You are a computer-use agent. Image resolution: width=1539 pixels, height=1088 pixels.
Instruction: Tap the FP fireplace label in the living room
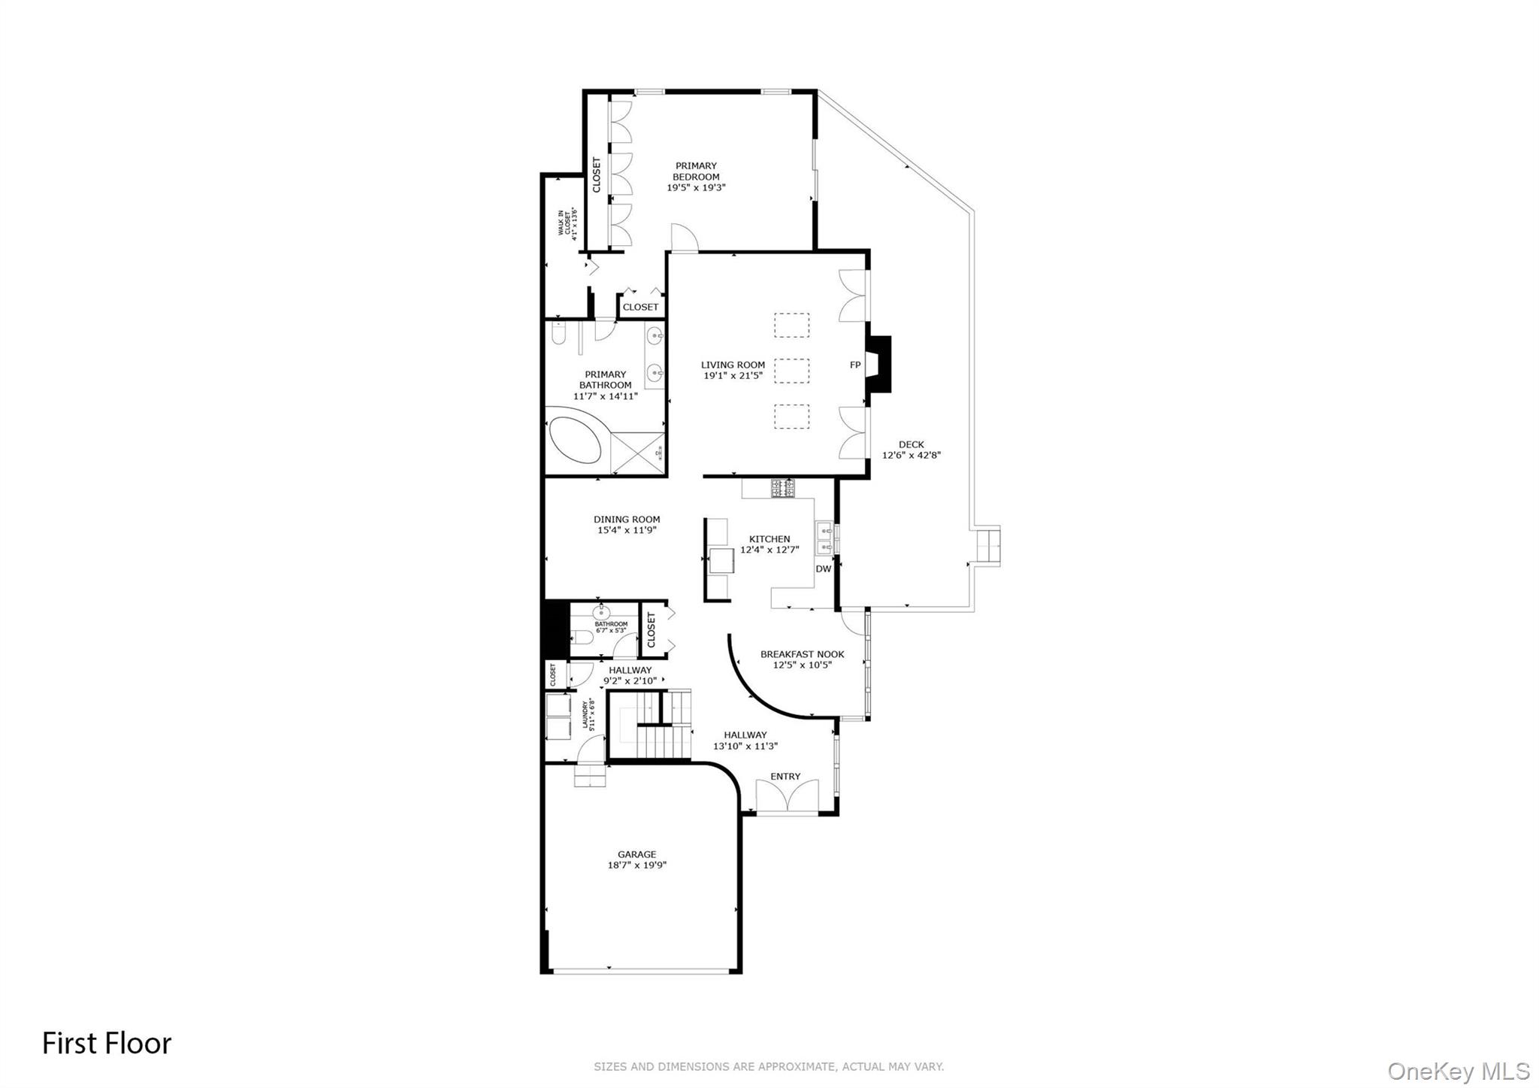(x=854, y=365)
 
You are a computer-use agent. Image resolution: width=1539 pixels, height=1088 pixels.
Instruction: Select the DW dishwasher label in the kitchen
(x=823, y=569)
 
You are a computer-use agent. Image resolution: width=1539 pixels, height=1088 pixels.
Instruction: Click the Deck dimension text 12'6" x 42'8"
(x=911, y=455)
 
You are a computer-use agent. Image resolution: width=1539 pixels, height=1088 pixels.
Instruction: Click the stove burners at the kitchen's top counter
(x=781, y=488)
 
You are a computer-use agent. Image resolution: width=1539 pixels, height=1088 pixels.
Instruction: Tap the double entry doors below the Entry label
(x=786, y=796)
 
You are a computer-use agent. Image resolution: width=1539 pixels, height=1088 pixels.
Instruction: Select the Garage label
(x=636, y=854)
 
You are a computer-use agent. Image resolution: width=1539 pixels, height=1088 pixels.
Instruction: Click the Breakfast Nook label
(x=802, y=654)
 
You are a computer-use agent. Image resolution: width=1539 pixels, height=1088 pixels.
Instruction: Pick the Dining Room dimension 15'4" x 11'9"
(x=626, y=530)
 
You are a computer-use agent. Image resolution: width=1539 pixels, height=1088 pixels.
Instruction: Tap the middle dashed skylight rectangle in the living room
(x=791, y=370)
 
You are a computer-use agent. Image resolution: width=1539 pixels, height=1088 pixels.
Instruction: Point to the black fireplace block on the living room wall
(x=879, y=364)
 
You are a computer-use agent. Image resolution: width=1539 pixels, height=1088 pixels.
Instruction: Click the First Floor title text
(x=107, y=1044)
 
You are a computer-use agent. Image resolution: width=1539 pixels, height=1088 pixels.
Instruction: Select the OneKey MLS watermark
(x=1458, y=1071)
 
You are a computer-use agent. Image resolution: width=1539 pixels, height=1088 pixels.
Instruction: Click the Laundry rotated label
(x=588, y=716)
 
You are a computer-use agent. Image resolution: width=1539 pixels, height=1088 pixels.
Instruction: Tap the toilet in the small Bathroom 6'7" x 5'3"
(x=582, y=640)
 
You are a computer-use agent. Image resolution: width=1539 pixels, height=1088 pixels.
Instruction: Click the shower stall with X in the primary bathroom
(x=637, y=453)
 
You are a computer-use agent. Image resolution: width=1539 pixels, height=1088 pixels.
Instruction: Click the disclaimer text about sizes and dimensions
(x=768, y=1066)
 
